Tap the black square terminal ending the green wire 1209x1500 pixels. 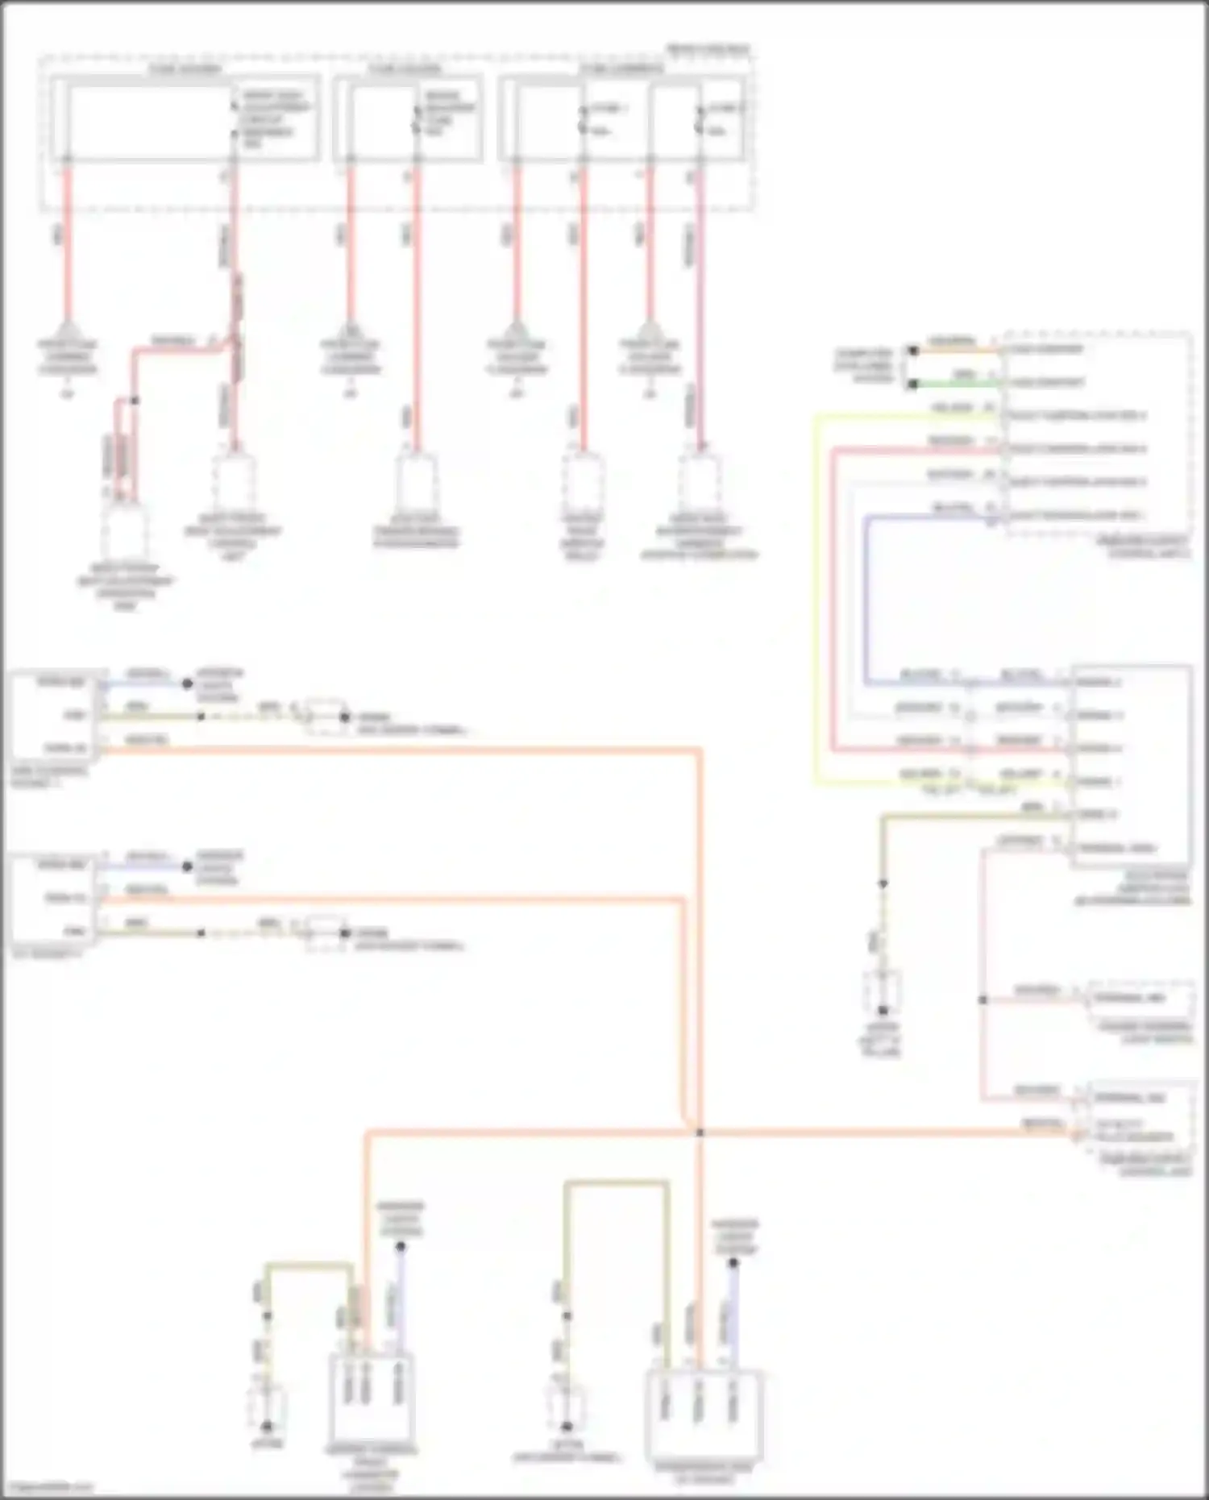(913, 384)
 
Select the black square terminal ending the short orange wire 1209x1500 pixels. (913, 351)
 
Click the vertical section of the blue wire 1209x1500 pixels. (866, 596)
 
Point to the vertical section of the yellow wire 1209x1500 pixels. (816, 596)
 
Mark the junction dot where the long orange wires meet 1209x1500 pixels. (700, 1132)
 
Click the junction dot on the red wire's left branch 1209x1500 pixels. (135, 401)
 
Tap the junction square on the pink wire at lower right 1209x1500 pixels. (983, 1000)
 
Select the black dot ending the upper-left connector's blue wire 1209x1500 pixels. (187, 684)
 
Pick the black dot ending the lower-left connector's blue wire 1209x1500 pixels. (187, 867)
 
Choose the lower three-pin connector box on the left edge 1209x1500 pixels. (55, 900)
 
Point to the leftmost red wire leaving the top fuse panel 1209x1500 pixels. (67, 242)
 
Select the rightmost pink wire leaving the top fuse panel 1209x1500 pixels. (700, 306)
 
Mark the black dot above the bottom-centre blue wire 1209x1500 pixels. (401, 1247)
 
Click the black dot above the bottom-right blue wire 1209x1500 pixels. (733, 1263)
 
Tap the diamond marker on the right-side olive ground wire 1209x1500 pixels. (883, 884)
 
